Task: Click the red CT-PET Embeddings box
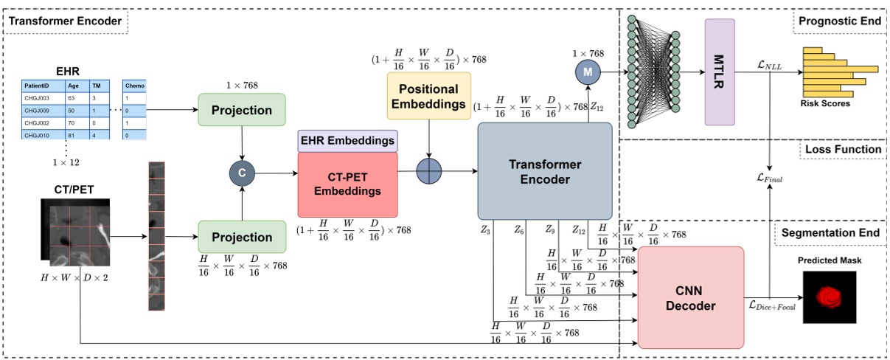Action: point(347,181)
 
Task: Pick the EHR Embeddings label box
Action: point(347,140)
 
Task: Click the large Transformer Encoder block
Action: point(545,171)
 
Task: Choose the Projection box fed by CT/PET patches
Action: point(242,237)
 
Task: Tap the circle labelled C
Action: point(242,175)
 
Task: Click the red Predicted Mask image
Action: point(830,297)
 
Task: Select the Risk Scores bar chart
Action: point(826,72)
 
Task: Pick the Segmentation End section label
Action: point(832,233)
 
